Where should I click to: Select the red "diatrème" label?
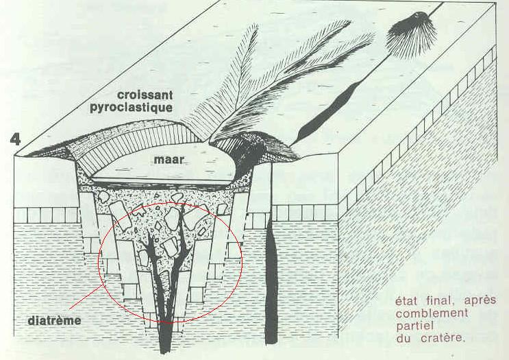47,320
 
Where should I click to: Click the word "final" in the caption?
437,300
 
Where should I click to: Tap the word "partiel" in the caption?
414,325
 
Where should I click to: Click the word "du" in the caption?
404,337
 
